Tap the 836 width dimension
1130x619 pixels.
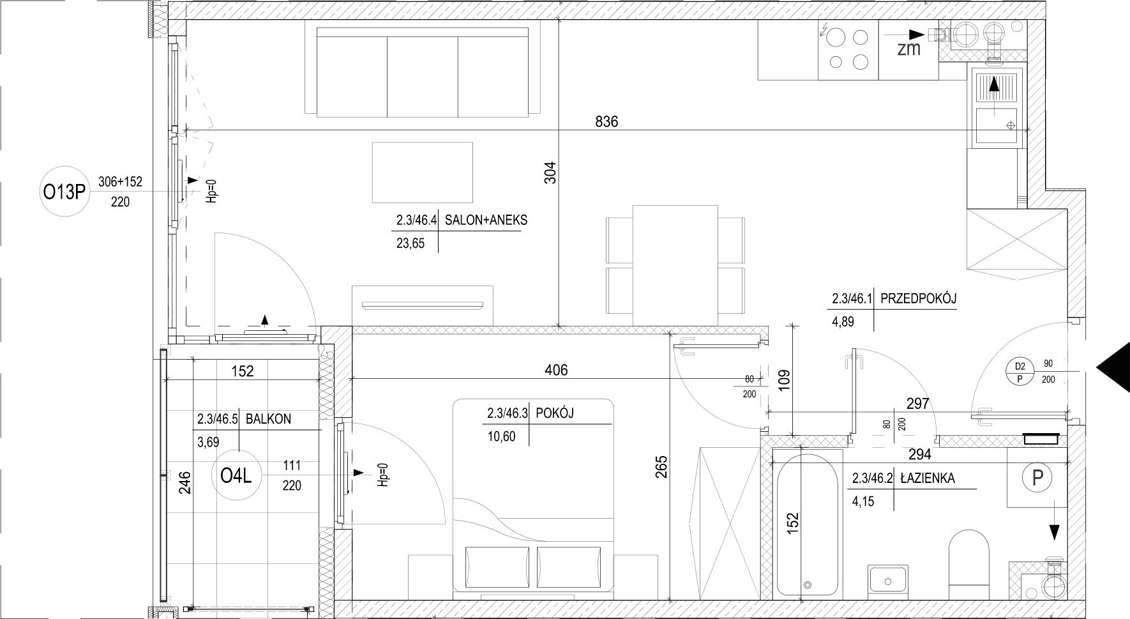click(606, 121)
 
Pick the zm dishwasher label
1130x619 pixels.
click(909, 49)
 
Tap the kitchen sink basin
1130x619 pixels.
click(996, 126)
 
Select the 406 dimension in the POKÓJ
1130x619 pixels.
click(556, 369)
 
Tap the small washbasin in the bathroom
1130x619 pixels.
click(887, 580)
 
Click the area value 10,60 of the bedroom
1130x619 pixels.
click(501, 437)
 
